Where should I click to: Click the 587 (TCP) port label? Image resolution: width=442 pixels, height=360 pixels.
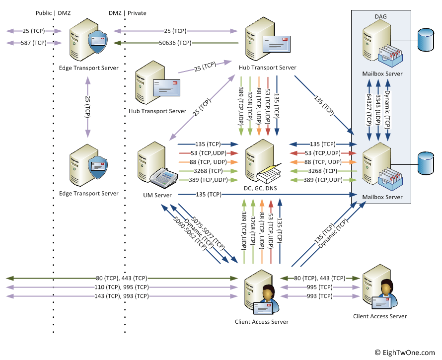(33, 43)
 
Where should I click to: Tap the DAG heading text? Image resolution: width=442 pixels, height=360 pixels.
(381, 16)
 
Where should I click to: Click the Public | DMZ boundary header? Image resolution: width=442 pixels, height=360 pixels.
(54, 13)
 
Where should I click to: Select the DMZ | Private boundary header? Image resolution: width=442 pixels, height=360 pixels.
(128, 13)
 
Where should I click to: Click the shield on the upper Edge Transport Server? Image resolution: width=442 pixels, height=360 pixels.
(96, 43)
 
